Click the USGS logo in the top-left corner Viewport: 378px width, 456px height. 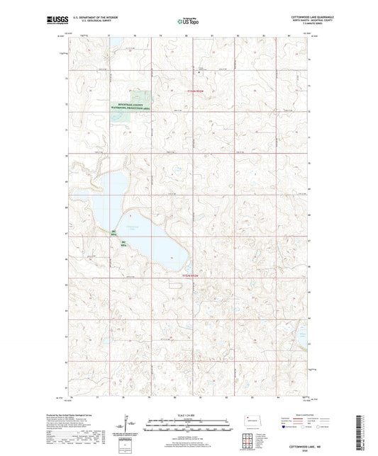click(55, 19)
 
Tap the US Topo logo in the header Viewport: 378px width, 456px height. click(189, 21)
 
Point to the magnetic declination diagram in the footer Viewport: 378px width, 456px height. click(125, 426)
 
